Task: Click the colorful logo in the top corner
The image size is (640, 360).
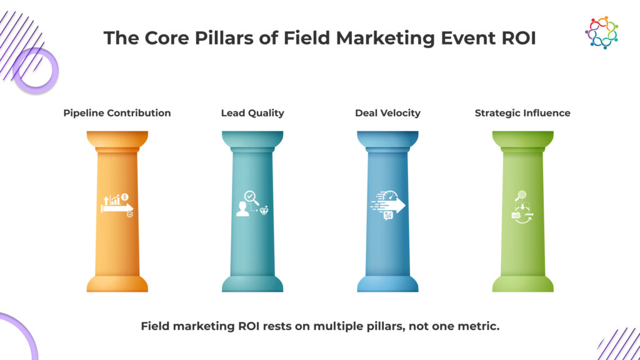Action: coord(601,32)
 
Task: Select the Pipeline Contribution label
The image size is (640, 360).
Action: coord(117,113)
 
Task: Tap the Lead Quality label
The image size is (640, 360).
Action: coord(252,113)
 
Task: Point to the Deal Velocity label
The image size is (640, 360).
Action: coord(387,113)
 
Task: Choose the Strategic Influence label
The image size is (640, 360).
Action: coord(522,113)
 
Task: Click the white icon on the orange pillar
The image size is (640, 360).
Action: coord(117,205)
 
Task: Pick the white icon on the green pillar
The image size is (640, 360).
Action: coord(522,207)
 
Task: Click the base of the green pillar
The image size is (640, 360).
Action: coord(523,284)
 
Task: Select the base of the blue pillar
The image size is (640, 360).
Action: coord(387,284)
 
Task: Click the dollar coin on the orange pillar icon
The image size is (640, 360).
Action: coord(125,197)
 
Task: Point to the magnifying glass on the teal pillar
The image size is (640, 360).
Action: coord(251,197)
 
